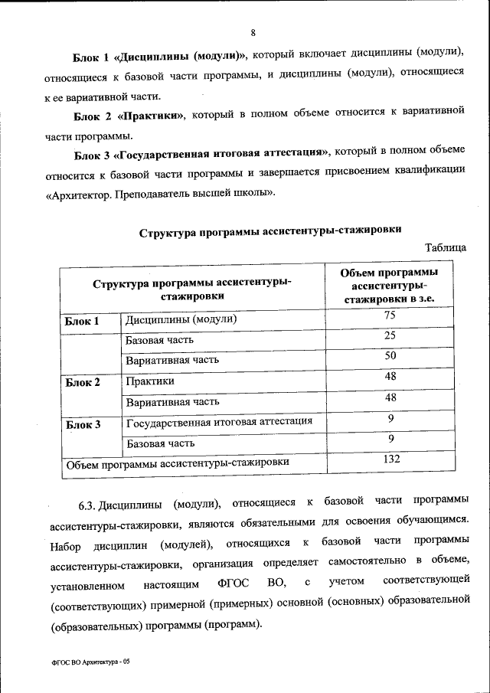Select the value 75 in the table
tap(390, 316)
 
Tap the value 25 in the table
tap(390, 336)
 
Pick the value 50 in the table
tap(390, 356)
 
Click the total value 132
tap(392, 459)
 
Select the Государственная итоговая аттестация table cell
tap(219, 421)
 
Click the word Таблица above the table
tap(445, 247)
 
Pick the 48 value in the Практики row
tap(390, 377)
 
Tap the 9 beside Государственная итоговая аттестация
tap(390, 418)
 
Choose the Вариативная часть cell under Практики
tap(173, 401)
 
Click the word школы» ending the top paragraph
tap(254, 193)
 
